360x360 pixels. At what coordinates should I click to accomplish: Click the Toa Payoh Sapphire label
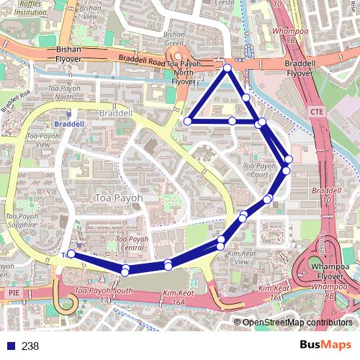(x=21, y=220)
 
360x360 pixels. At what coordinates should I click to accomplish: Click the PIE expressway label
(x=12, y=293)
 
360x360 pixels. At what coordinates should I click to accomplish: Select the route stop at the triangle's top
(x=227, y=68)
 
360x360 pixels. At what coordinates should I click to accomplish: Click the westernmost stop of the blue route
(x=71, y=254)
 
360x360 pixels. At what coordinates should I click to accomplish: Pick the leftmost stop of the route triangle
(x=188, y=121)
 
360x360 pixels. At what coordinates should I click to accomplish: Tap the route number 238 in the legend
(x=31, y=346)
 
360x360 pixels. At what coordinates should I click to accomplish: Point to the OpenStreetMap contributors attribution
(x=296, y=323)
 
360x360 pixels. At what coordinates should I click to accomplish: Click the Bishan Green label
(x=174, y=37)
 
